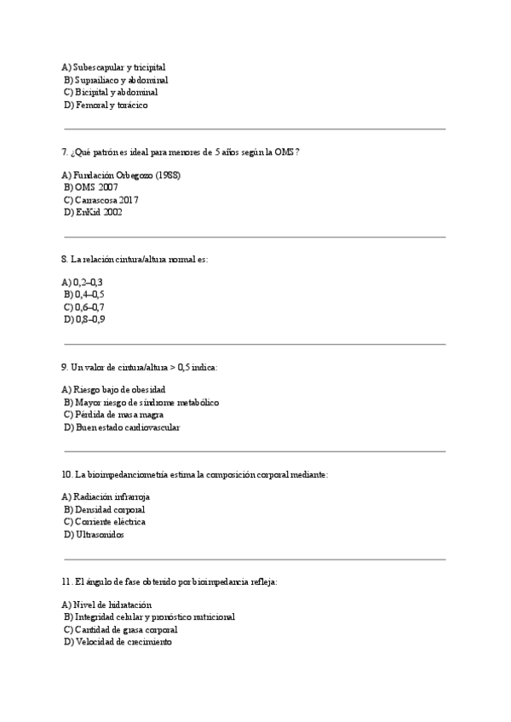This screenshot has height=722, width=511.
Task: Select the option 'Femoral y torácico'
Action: click(x=111, y=105)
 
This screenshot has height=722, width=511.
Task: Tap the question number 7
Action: click(x=64, y=152)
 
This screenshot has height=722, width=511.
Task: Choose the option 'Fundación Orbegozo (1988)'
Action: click(x=126, y=175)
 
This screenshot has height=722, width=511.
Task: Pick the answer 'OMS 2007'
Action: click(x=96, y=186)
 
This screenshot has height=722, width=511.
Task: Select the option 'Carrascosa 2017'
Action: click(x=106, y=199)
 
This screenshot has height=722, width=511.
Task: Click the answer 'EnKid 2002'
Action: click(x=99, y=213)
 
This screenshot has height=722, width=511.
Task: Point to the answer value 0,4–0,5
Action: click(x=89, y=294)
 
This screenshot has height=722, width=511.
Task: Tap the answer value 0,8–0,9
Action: click(x=89, y=320)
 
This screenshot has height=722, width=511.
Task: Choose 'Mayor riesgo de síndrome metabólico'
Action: click(x=146, y=402)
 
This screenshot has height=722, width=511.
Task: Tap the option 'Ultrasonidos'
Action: click(x=99, y=535)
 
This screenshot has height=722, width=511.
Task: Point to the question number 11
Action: click(x=66, y=581)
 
